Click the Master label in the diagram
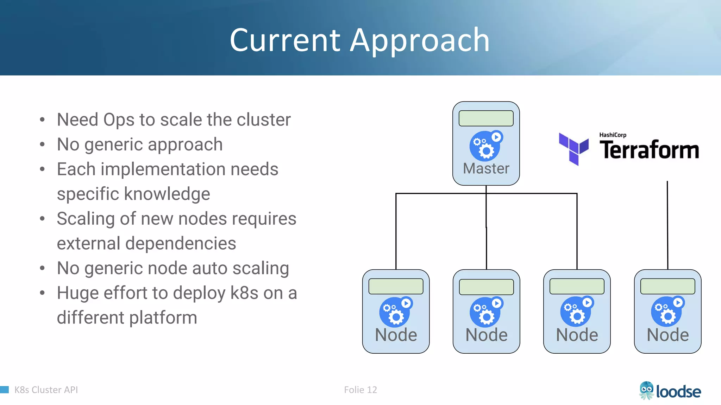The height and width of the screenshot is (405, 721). tap(486, 168)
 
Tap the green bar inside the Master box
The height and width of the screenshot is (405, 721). tap(486, 118)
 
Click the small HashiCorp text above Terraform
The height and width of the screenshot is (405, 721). tap(613, 135)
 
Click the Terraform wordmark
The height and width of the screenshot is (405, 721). tap(649, 150)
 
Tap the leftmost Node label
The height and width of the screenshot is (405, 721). tap(396, 335)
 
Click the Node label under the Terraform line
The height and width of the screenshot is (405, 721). tap(667, 335)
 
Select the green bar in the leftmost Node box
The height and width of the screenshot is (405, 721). tap(396, 287)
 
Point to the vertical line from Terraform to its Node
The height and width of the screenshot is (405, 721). tap(667, 225)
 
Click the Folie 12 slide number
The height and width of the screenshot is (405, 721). tap(360, 390)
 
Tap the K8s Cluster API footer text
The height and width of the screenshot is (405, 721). tap(46, 390)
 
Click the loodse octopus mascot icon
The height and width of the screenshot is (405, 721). tap(646, 390)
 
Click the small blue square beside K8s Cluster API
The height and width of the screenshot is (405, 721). tap(4, 390)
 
